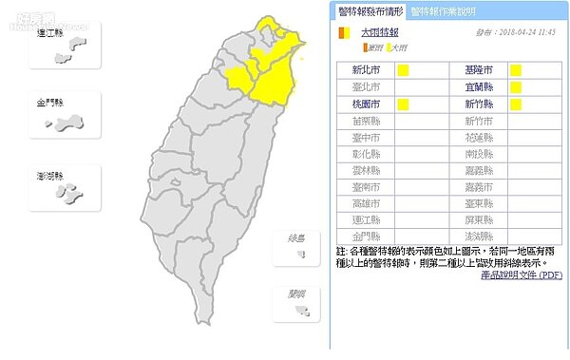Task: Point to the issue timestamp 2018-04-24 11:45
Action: pyautogui.click(x=516, y=32)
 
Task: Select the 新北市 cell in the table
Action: pyautogui.click(x=366, y=70)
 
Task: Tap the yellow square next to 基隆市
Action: pyautogui.click(x=516, y=70)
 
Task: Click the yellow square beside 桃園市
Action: pyautogui.click(x=403, y=104)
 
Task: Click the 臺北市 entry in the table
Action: pyautogui.click(x=366, y=87)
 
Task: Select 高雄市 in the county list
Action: pyautogui.click(x=366, y=203)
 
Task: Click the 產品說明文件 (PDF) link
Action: pyautogui.click(x=524, y=275)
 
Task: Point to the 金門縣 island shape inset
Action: pyautogui.click(x=66, y=123)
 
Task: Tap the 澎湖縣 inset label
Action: pyautogui.click(x=53, y=176)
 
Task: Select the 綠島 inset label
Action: pyautogui.click(x=297, y=238)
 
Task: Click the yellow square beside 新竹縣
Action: pyautogui.click(x=516, y=104)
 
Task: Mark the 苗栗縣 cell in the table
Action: pyautogui.click(x=366, y=121)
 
